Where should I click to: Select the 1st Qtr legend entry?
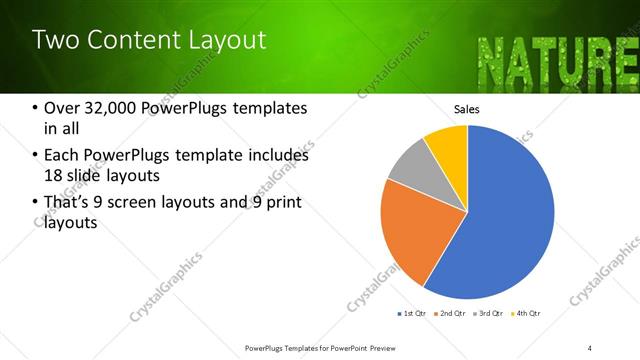pyautogui.click(x=412, y=314)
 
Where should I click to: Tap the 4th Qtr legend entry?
pyautogui.click(x=528, y=314)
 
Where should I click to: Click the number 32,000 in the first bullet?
pyautogui.click(x=116, y=109)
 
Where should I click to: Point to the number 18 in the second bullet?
pyautogui.click(x=55, y=175)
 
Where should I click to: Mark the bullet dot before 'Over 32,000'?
pyautogui.click(x=36, y=109)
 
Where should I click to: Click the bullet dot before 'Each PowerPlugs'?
pyautogui.click(x=36, y=156)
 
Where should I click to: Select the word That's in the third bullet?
pyautogui.click(x=71, y=203)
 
